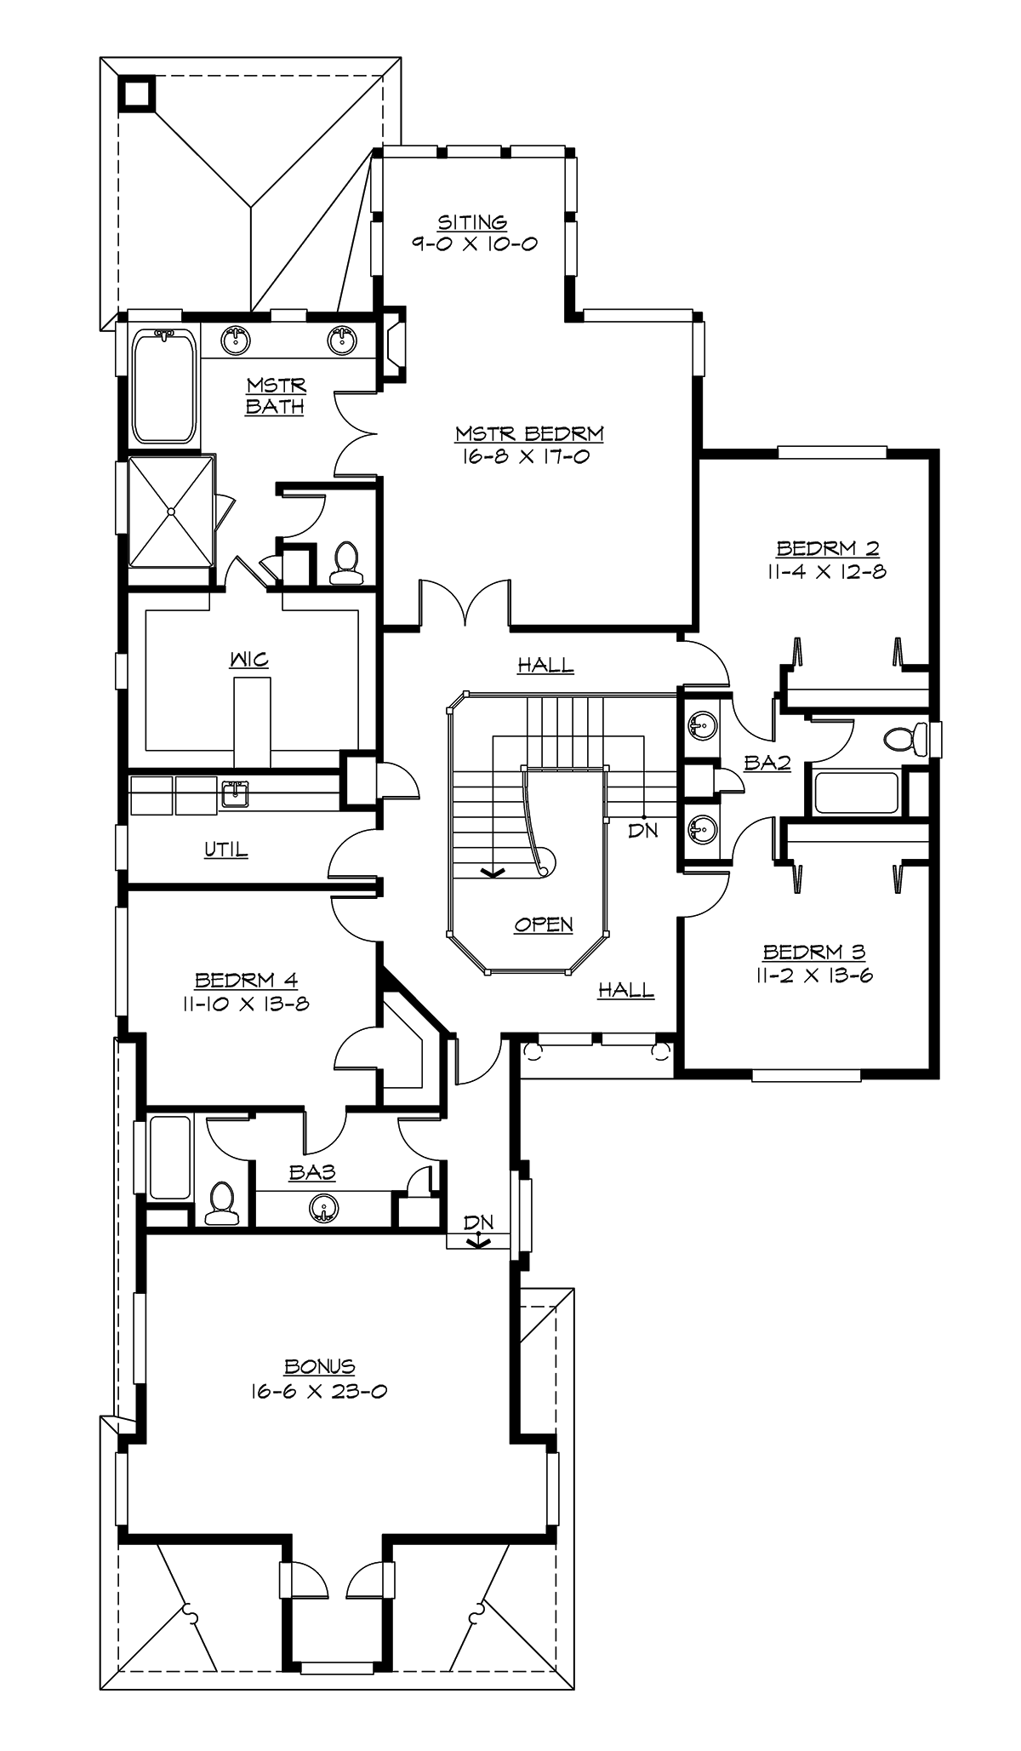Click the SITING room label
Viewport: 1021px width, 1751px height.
click(x=472, y=223)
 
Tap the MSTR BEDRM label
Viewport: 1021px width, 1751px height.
click(x=529, y=434)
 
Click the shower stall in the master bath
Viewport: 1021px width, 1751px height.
click(x=171, y=511)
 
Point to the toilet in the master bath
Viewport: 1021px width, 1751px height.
click(x=345, y=564)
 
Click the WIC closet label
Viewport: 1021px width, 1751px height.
click(x=248, y=660)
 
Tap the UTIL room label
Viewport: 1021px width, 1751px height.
click(x=226, y=850)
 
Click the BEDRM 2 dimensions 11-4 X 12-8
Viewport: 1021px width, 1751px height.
click(x=826, y=571)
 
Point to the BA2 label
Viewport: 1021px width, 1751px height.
click(x=767, y=764)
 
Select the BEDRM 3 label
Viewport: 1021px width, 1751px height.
click(x=814, y=953)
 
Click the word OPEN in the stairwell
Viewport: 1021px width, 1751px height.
click(x=544, y=924)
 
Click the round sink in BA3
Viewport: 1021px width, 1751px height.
click(x=323, y=1207)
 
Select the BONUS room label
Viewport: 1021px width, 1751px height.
click(x=320, y=1367)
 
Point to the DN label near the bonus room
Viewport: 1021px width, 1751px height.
click(x=479, y=1223)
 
